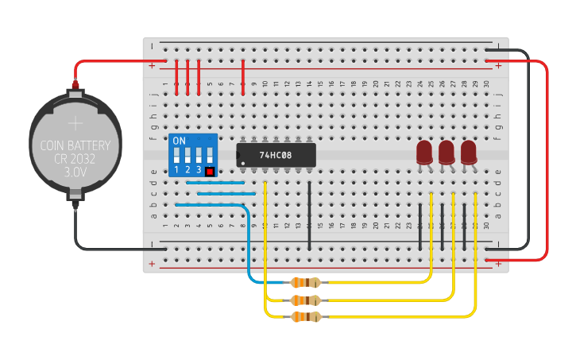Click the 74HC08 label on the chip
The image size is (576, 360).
click(x=276, y=155)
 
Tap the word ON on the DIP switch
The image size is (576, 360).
click(x=179, y=141)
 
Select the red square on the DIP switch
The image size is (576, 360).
click(x=210, y=171)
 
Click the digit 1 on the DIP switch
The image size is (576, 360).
click(x=176, y=170)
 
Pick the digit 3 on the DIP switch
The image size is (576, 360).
click(x=199, y=170)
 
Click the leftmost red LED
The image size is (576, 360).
click(x=424, y=152)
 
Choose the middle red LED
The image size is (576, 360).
click(x=446, y=152)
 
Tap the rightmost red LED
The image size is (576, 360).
click(x=469, y=152)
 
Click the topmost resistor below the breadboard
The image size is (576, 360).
click(x=306, y=282)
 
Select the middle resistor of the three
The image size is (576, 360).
click(x=306, y=300)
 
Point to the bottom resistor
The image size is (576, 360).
click(x=306, y=317)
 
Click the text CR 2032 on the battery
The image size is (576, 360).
click(x=75, y=158)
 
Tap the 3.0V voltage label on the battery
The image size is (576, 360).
click(x=75, y=171)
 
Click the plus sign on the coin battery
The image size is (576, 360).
click(x=75, y=123)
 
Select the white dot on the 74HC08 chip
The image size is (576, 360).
click(x=242, y=162)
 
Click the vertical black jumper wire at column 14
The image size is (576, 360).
click(x=309, y=211)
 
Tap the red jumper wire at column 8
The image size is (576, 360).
click(x=243, y=77)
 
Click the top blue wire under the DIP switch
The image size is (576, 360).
click(x=215, y=183)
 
